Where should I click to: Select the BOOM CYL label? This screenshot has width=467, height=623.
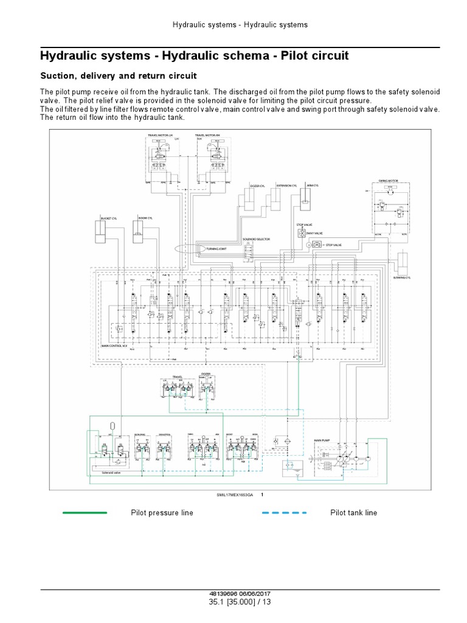point(145,217)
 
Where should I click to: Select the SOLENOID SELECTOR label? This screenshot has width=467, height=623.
point(256,239)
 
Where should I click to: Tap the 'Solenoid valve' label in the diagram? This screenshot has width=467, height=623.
point(112,472)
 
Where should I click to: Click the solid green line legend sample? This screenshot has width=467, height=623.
point(85,513)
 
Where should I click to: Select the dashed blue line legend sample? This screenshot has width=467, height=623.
point(284,513)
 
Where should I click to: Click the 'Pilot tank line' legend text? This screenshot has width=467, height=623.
point(353,513)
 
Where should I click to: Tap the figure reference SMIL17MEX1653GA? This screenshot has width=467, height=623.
point(234,495)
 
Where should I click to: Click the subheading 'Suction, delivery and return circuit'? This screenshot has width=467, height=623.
point(119,76)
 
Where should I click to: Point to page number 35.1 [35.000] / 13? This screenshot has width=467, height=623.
point(233,602)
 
